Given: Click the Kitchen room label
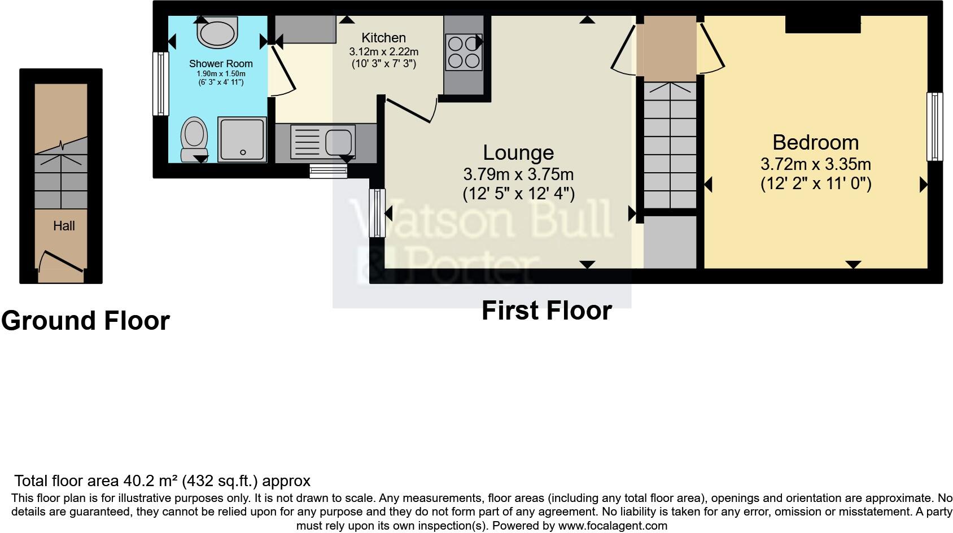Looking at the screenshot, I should point(383,38).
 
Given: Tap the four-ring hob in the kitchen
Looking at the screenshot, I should point(463,52).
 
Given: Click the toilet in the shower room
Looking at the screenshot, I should point(193,139).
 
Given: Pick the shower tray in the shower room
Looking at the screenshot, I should point(242,139).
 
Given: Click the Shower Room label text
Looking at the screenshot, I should point(221,64).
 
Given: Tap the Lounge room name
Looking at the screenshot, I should point(518,152).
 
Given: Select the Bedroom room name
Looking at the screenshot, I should point(815,142).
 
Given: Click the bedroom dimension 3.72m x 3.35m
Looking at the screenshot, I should point(815,164).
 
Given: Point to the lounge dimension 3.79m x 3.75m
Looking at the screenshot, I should point(518,174).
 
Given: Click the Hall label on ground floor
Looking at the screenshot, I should point(64,226).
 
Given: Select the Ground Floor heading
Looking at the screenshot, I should point(85,321).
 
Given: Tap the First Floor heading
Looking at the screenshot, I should point(546,311).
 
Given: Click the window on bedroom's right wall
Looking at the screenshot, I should point(934,127).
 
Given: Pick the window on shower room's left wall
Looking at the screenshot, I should point(161,84).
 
